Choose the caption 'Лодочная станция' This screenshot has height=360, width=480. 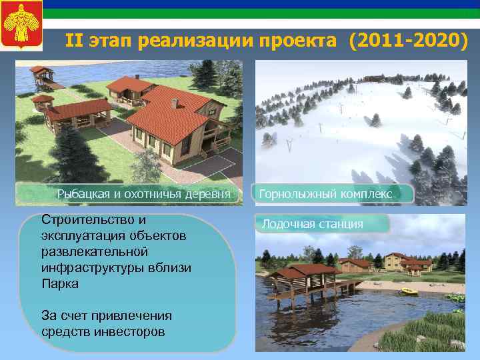(x=312, y=224)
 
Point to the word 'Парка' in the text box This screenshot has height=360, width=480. (x=59, y=283)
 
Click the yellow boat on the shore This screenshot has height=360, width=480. (x=407, y=291)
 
